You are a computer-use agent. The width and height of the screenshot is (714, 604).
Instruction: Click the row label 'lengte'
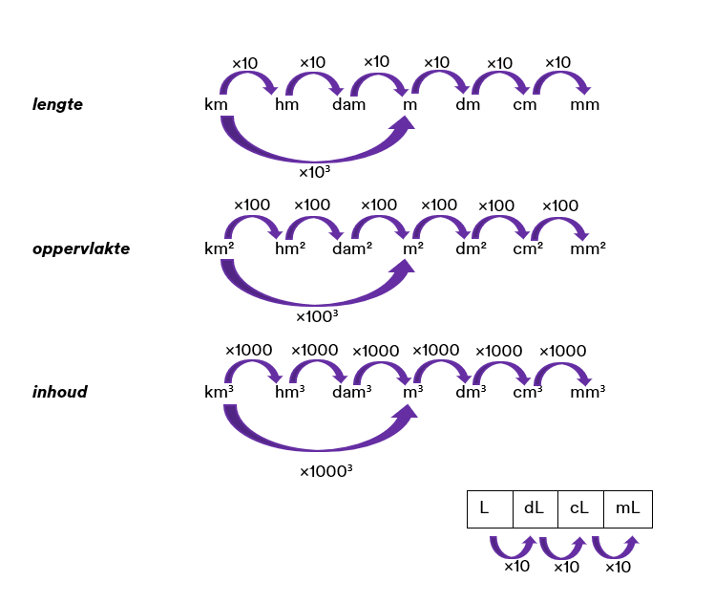point(58,104)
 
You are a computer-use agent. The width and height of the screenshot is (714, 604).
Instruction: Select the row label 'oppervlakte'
point(81,248)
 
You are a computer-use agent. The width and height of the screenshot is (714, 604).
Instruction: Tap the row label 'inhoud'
point(60,392)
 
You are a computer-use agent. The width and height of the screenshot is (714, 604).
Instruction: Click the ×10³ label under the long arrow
point(315,173)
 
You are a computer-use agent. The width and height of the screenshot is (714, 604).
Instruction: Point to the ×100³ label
point(318,316)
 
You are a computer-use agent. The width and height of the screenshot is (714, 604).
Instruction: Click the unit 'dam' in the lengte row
point(349,104)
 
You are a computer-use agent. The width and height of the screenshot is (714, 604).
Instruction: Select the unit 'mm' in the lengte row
point(585,104)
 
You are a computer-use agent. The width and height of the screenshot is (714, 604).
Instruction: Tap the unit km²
point(220,248)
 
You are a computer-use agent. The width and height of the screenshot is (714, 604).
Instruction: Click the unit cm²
point(528,248)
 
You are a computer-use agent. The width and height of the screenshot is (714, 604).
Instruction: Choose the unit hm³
point(290,392)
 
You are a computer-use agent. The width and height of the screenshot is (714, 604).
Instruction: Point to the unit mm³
point(587,392)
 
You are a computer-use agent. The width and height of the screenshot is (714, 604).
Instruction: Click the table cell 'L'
point(485,508)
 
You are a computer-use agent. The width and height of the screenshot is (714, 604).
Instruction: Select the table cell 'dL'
point(534,508)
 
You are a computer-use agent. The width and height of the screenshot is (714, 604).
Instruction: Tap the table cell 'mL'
point(628,508)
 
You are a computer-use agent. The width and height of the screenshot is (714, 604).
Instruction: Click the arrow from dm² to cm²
point(500,226)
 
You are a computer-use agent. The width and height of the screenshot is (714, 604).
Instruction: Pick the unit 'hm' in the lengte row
point(286,104)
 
